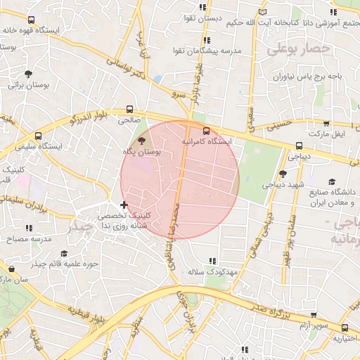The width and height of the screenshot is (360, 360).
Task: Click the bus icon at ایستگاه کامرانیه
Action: click(206, 130)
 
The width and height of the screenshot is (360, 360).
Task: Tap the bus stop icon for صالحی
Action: click(129, 109)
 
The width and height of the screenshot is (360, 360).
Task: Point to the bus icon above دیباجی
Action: click(300, 146)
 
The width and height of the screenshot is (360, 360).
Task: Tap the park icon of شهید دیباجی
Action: click(282, 173)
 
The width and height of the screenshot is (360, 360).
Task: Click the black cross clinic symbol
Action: click(124, 205)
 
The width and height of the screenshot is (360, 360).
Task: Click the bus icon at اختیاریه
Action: click(345, 328)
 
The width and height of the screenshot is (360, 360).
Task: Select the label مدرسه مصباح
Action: click(29, 239)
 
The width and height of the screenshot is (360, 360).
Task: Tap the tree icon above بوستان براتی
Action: click(28, 73)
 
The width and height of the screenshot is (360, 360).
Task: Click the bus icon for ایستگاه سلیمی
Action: click(37, 136)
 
